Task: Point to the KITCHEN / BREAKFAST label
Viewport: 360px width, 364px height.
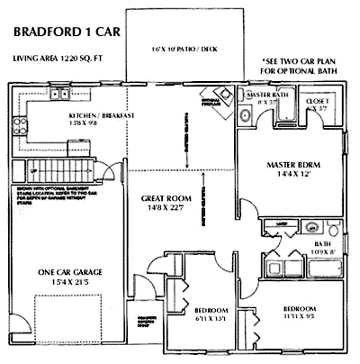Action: click(103, 116)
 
